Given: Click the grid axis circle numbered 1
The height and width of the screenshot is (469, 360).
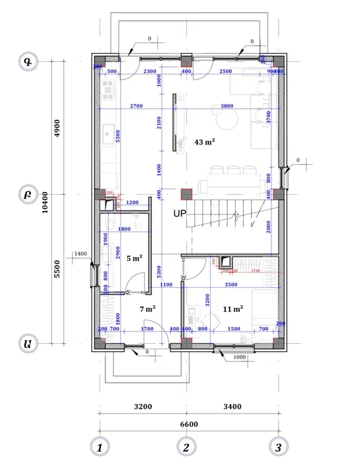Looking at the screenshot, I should click(x=99, y=448).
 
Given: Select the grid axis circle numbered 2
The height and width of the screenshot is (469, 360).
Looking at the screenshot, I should click(x=186, y=448).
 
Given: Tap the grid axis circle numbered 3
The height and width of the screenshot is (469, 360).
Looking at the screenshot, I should click(x=279, y=448).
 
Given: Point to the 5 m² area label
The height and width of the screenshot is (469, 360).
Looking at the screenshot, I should click(x=134, y=258).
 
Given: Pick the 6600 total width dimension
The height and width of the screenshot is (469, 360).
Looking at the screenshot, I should click(x=188, y=424).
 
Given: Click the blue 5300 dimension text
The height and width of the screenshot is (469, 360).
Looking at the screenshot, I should click(x=159, y=271).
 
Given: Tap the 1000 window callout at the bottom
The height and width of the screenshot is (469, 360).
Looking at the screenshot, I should click(x=239, y=357).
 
